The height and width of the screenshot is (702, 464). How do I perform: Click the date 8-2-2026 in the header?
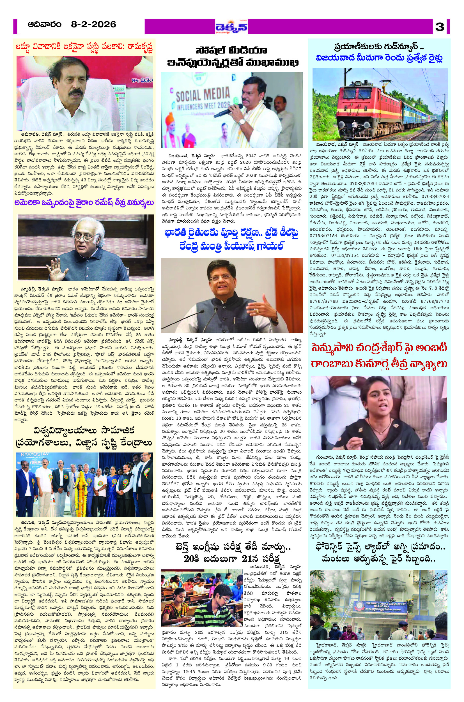point(93,25)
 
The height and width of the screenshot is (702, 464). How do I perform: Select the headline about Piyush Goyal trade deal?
point(232,239)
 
